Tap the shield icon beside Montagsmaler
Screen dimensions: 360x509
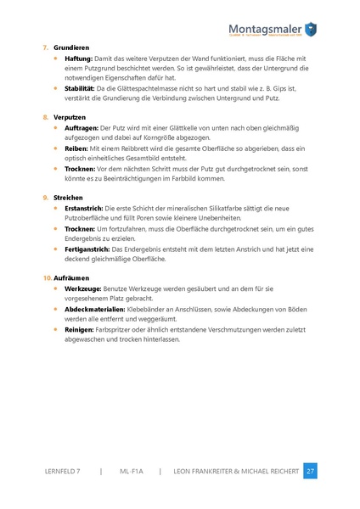pos(312,30)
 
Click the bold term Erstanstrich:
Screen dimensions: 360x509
pos(85,208)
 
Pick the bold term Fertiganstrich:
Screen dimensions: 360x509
pos(88,249)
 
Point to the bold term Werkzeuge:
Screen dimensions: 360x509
pos(84,289)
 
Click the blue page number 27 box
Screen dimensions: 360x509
pos(310,471)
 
